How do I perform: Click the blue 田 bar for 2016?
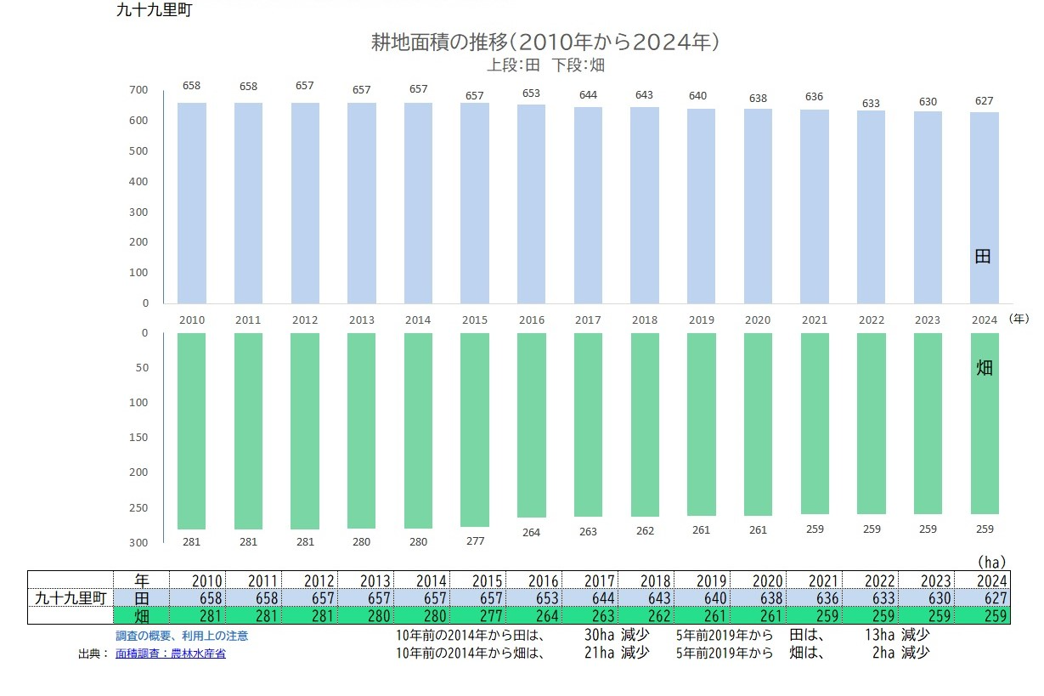pos(531,204)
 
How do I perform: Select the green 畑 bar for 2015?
pos(475,430)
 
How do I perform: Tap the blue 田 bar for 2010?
pos(191,203)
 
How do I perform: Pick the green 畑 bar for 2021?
pos(815,424)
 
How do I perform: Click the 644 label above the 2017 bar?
pos(588,95)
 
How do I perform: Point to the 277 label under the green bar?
pos(475,540)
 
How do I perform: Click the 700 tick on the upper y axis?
pos(138,89)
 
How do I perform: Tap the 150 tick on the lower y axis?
pos(138,438)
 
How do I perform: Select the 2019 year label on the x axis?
pos(702,320)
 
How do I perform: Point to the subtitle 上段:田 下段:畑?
pos(545,65)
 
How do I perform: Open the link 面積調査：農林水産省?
pos(171,654)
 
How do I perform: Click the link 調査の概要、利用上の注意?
pos(182,636)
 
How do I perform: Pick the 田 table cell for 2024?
pos(983,598)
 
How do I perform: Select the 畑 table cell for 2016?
pos(534,616)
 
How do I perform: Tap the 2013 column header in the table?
pos(366,581)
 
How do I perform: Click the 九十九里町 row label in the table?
pos(71,598)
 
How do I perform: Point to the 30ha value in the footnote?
pos(600,635)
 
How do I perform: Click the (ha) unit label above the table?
pos(991,563)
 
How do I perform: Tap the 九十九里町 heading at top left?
pos(155,10)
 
